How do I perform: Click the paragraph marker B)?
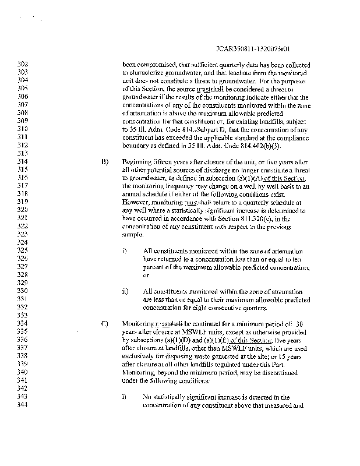point(105,160)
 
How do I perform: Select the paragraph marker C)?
point(105,322)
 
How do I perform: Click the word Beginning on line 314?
point(135,160)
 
